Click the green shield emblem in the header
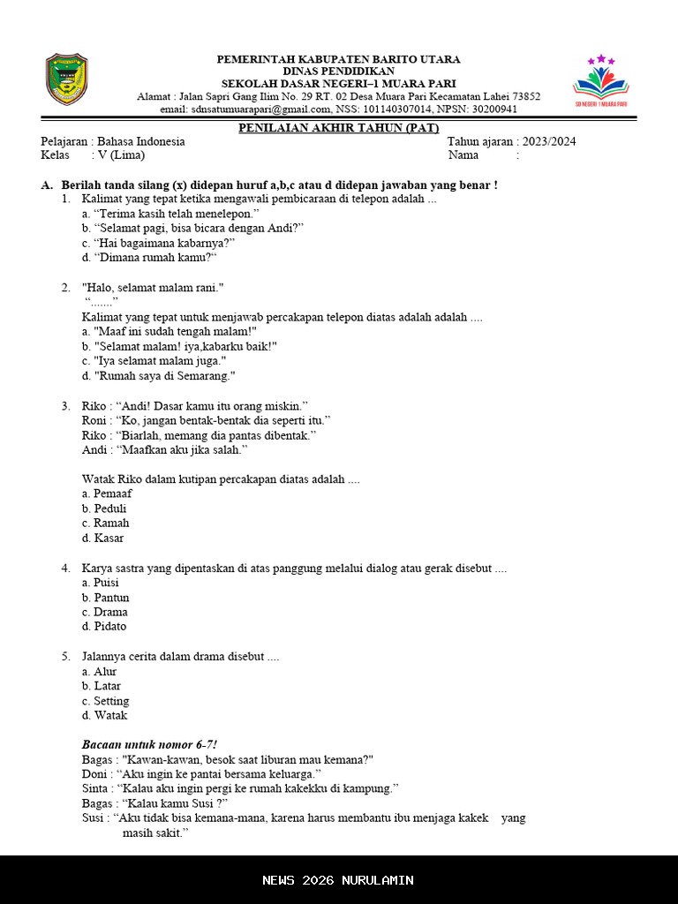67,79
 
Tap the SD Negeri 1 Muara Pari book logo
601,81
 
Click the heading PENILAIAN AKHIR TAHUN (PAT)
338,128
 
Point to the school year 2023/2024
549,141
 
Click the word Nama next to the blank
463,155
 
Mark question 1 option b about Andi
192,228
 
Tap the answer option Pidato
104,627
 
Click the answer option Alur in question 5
100,672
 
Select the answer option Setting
106,701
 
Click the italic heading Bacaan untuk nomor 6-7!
149,744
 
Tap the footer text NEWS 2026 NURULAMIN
338,880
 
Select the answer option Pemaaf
107,494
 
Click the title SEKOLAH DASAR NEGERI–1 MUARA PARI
338,84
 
